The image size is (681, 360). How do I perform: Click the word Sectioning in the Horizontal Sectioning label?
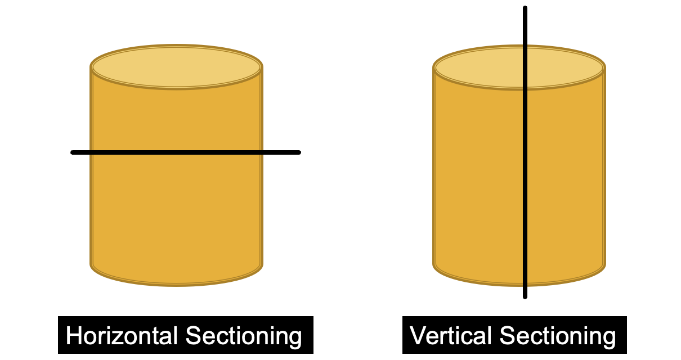[244, 336]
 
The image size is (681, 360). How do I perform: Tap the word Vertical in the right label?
[451, 336]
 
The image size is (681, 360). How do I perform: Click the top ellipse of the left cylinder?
[176, 67]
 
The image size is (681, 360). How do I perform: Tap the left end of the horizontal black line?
[73, 152]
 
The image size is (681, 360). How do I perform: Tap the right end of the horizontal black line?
[298, 152]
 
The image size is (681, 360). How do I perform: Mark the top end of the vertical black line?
[525, 8]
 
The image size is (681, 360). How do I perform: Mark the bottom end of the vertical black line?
[525, 296]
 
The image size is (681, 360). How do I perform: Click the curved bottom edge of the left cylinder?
[176, 283]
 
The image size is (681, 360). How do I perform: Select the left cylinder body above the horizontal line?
[176, 118]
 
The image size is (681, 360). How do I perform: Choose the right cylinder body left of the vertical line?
[478, 180]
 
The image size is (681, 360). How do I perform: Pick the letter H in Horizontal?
[73, 336]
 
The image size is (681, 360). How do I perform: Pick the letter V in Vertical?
[417, 336]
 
